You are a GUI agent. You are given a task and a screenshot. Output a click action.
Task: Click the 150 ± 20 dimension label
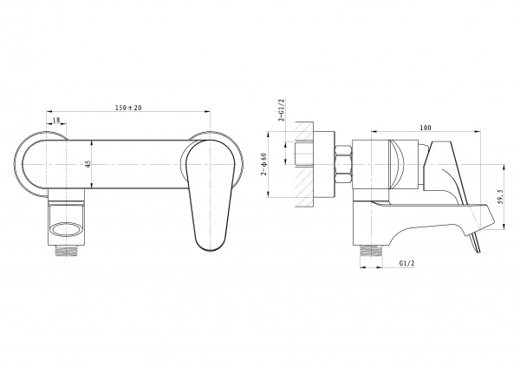[x=128, y=108]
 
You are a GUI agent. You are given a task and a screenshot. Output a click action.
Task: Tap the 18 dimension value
[x=56, y=121]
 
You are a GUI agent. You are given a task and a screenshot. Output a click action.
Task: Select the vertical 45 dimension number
[x=88, y=164]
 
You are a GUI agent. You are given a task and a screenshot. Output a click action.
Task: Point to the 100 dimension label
[x=426, y=128]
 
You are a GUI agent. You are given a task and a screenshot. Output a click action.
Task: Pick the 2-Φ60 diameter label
[x=264, y=164]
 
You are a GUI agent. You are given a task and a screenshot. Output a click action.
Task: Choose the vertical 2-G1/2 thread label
[x=281, y=110]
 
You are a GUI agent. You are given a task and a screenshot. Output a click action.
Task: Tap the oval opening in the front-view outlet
[x=66, y=230]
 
